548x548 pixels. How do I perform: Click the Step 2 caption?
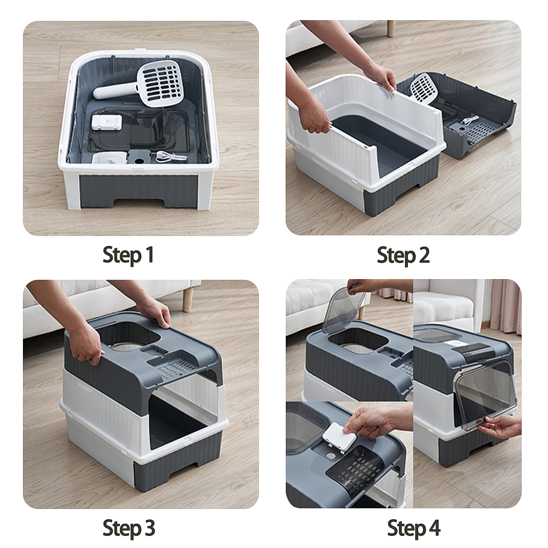403,256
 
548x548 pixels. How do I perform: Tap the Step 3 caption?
129,528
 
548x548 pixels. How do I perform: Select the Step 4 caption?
414,528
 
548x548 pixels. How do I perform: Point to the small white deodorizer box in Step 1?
107,122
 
